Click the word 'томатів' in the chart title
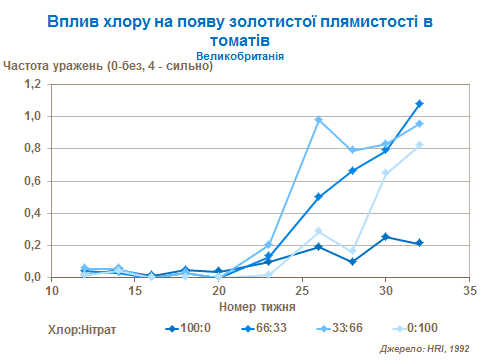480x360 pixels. click(240, 40)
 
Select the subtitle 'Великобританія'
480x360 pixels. click(240, 57)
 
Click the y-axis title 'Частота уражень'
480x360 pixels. click(108, 68)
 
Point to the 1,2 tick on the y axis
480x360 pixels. click(34, 84)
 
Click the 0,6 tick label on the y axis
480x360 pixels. click(34, 181)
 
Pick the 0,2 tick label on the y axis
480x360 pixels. click(34, 245)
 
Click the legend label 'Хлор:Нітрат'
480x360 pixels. click(82, 328)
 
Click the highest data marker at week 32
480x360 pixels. click(420, 103)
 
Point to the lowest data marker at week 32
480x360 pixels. click(420, 243)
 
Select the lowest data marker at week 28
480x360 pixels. click(352, 262)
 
